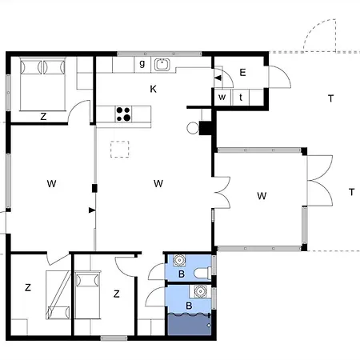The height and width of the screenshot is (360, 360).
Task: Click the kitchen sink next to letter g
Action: [162, 64]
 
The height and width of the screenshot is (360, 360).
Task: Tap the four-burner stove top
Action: [123, 114]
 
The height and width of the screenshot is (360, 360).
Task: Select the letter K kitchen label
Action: [153, 89]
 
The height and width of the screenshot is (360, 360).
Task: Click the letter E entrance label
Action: [242, 73]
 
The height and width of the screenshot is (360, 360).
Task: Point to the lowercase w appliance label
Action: [222, 97]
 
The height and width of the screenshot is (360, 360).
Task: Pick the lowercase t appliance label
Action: [241, 98]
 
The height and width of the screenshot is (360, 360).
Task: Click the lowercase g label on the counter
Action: [142, 64]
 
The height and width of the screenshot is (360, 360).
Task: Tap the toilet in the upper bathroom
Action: [202, 273]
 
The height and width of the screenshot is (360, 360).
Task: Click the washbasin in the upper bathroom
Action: [179, 260]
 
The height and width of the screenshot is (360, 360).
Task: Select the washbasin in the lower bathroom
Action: [200, 291]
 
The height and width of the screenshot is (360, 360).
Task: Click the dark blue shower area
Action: [190, 325]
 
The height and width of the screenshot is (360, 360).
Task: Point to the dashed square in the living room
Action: [120, 149]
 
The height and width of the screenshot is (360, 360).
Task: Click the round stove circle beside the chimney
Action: [193, 128]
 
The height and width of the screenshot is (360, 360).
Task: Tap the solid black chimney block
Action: [206, 128]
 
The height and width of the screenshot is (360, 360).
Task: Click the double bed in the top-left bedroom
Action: [42, 84]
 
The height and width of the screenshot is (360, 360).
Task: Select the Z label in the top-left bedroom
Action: [43, 117]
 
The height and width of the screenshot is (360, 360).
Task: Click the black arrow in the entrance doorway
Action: [218, 78]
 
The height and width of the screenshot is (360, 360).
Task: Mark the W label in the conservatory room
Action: [262, 196]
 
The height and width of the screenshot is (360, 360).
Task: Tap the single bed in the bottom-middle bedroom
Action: [88, 294]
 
